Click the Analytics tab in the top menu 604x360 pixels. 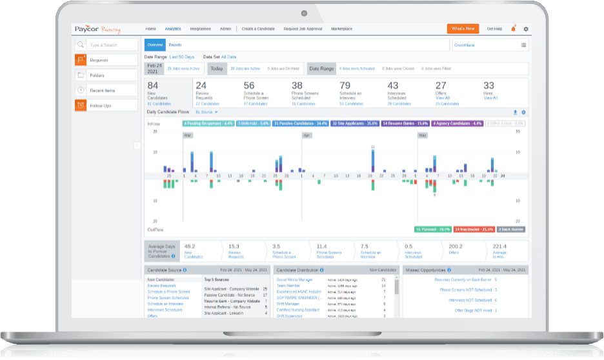coord(172,29)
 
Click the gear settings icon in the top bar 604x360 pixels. coord(525,29)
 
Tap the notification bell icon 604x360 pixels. coord(513,29)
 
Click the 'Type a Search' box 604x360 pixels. coord(112,45)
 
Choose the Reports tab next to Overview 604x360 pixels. coord(175,45)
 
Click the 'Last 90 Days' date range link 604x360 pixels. coord(183,57)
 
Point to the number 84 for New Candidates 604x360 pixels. coord(153,85)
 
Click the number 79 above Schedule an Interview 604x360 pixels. coord(345,85)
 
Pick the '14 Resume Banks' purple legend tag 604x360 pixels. coord(405,123)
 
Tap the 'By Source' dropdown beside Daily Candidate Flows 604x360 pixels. coord(206,112)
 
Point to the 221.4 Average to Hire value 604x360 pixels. coord(500,246)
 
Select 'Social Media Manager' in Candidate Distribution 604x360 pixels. coord(294,280)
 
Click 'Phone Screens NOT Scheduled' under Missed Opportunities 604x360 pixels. coord(463,290)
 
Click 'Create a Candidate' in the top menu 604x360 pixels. coord(258,29)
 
